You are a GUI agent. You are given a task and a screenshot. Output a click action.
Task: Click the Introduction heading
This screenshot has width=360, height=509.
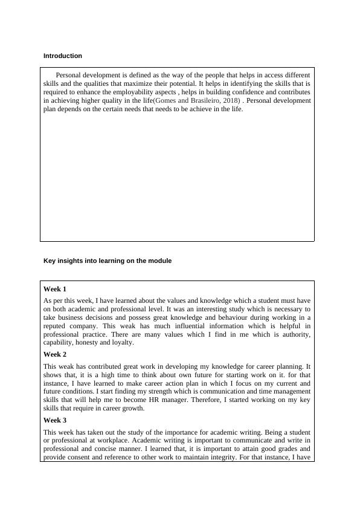click(x=62, y=56)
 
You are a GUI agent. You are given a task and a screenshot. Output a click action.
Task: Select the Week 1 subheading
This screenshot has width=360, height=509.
click(x=55, y=289)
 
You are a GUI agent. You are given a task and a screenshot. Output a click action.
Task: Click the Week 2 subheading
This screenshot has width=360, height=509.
click(x=55, y=354)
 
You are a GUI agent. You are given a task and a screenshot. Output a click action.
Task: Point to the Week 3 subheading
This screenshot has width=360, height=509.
click(x=55, y=420)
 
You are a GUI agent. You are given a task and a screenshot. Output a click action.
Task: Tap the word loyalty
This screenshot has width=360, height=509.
click(x=123, y=342)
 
